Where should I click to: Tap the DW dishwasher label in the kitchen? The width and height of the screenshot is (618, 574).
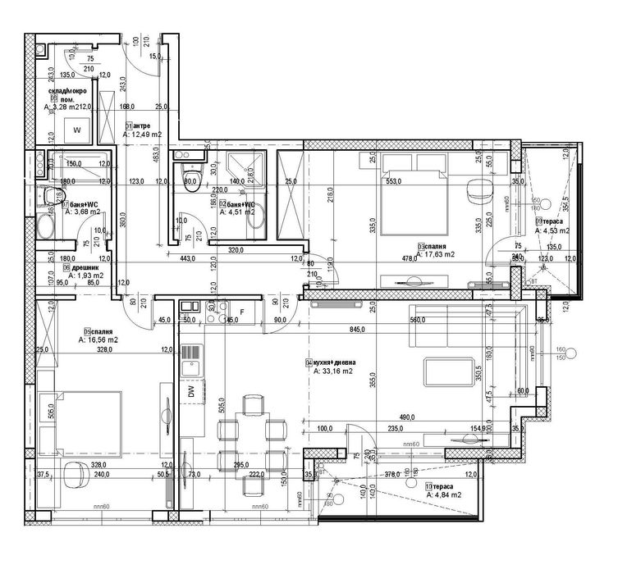tap(190, 394)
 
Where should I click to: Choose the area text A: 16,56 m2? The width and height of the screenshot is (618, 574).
tap(98, 339)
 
